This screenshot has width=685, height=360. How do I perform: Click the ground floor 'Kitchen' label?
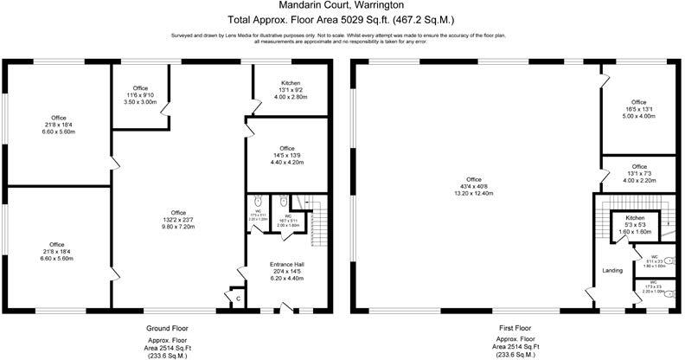pos(290,83)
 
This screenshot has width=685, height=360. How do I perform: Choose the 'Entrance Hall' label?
pos(288,264)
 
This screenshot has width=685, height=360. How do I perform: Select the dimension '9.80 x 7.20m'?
pos(178,227)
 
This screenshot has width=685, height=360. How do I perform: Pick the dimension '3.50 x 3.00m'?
pos(140,102)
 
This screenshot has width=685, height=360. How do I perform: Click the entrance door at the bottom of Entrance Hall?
pos(287,306)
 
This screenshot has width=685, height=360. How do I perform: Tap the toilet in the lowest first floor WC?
pos(668,292)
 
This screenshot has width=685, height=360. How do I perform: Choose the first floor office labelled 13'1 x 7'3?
pos(638,173)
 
